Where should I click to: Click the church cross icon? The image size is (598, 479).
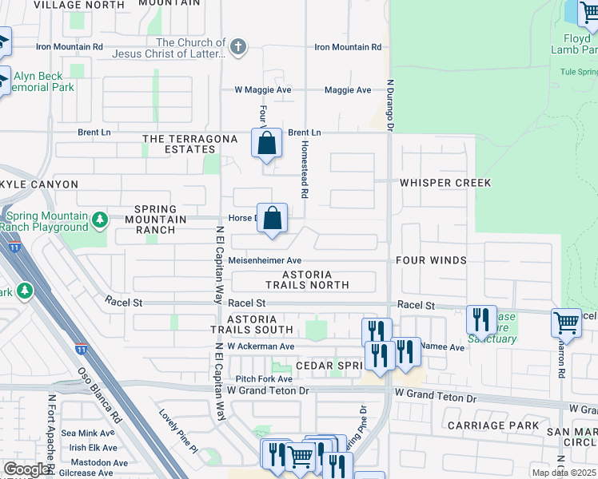pos(237,48)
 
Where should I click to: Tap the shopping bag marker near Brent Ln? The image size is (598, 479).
pos(267,144)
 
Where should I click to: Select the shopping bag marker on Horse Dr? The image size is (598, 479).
pos(273,218)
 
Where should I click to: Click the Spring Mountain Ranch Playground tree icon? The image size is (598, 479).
pos(99,219)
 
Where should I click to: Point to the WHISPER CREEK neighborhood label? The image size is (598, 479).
pos(445,183)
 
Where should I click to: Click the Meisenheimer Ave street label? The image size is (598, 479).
pos(264,260)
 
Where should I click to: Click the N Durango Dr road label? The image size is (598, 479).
pos(391,104)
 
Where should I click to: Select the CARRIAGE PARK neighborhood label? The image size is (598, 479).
pos(493,426)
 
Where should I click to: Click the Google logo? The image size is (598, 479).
pos(26,469)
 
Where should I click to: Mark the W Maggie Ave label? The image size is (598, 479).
pos(262,90)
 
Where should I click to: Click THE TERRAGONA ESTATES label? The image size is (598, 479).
pos(189,144)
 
